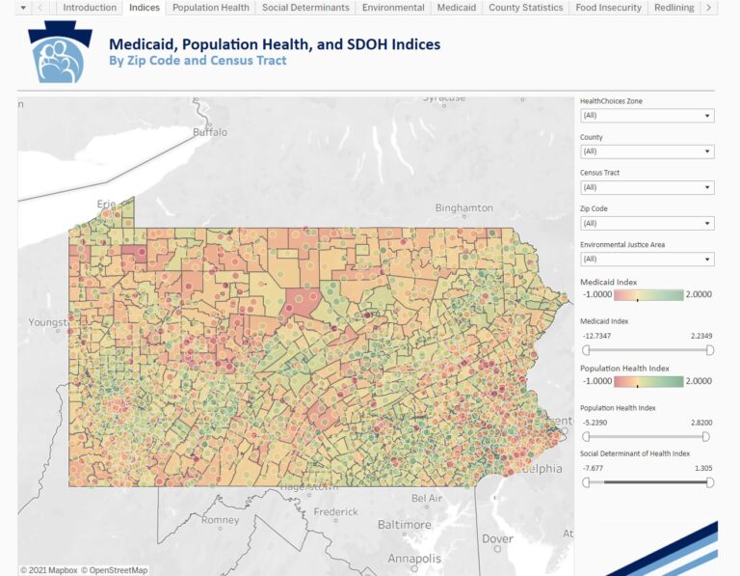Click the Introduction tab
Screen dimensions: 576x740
(90, 8)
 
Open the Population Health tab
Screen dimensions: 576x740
(211, 8)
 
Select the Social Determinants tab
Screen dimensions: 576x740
(306, 8)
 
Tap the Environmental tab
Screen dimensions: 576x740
(393, 8)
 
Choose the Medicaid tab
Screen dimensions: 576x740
(456, 8)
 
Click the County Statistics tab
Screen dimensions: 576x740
(525, 8)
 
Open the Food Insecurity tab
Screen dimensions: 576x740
(608, 8)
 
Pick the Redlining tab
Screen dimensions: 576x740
(674, 8)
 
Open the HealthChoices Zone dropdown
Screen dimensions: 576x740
(647, 116)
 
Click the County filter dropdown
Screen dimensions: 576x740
(647, 151)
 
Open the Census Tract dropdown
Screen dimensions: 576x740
(647, 187)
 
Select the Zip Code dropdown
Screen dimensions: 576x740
(647, 223)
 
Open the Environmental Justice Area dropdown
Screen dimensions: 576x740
(647, 259)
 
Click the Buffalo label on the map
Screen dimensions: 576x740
(210, 132)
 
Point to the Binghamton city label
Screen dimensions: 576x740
(463, 207)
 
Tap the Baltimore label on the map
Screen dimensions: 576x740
(405, 525)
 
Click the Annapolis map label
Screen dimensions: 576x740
(414, 559)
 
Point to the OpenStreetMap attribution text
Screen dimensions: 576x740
(114, 570)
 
